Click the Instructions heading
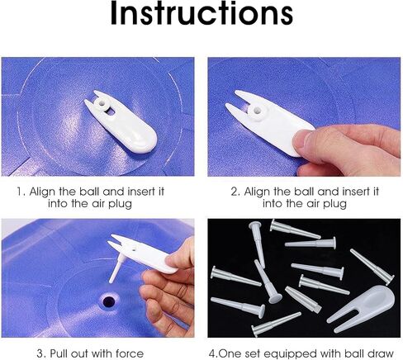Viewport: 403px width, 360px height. (201, 13)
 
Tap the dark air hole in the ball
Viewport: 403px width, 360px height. (109, 301)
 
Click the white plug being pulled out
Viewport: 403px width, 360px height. (116, 268)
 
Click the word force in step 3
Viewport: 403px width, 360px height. (130, 353)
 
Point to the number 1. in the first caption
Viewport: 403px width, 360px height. (21, 192)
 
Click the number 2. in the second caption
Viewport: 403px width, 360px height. (235, 192)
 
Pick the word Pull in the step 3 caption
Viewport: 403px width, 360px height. (60, 353)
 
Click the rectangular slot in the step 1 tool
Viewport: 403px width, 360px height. (111, 111)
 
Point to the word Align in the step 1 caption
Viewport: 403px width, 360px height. (39, 192)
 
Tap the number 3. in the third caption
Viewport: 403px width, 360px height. (41, 353)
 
